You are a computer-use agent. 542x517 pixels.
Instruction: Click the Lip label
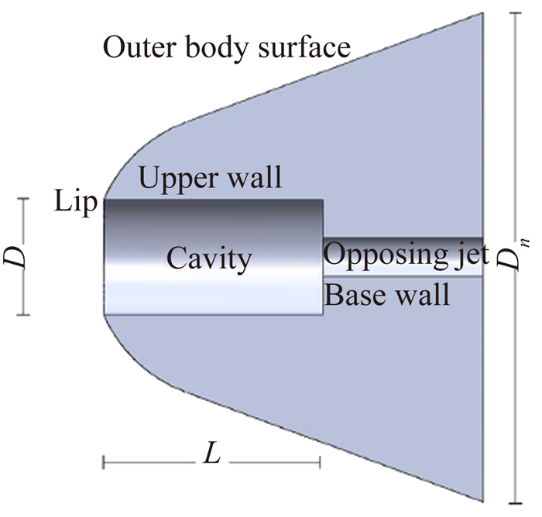[x=77, y=204]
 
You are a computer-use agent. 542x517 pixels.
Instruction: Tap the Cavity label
[x=209, y=258]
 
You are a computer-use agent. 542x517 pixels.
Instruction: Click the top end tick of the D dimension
[x=23, y=199]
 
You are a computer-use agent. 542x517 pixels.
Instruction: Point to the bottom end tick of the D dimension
[x=23, y=315]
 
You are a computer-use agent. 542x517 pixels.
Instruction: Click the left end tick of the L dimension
[x=104, y=463]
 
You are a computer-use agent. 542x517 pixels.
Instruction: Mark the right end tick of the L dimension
[x=320, y=463]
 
